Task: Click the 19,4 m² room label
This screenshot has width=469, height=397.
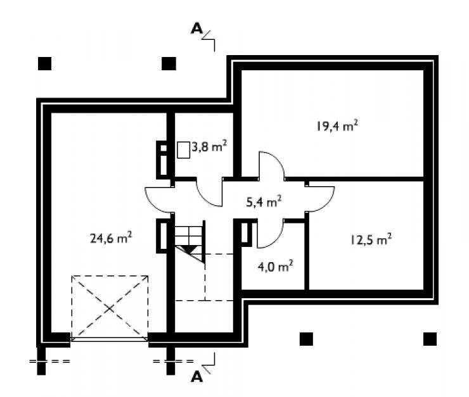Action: [x=337, y=126]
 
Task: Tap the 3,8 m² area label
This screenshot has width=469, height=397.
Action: [x=209, y=146]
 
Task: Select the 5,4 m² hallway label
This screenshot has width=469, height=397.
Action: [x=264, y=201]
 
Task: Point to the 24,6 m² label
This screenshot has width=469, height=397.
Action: [x=111, y=238]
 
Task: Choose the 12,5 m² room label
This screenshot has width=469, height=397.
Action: [x=371, y=239]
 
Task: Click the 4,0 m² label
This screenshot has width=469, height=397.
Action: [x=275, y=266]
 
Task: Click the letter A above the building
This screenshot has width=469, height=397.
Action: [x=196, y=28]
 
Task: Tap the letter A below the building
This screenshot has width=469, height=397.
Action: [x=196, y=377]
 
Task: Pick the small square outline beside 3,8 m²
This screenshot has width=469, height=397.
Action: [x=183, y=149]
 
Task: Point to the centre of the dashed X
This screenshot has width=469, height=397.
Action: [x=110, y=308]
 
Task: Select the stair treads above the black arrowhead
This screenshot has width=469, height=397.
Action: [x=189, y=236]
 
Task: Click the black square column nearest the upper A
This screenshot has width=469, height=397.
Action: [x=169, y=63]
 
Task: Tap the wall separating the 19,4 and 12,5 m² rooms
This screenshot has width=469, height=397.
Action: [x=354, y=179]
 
